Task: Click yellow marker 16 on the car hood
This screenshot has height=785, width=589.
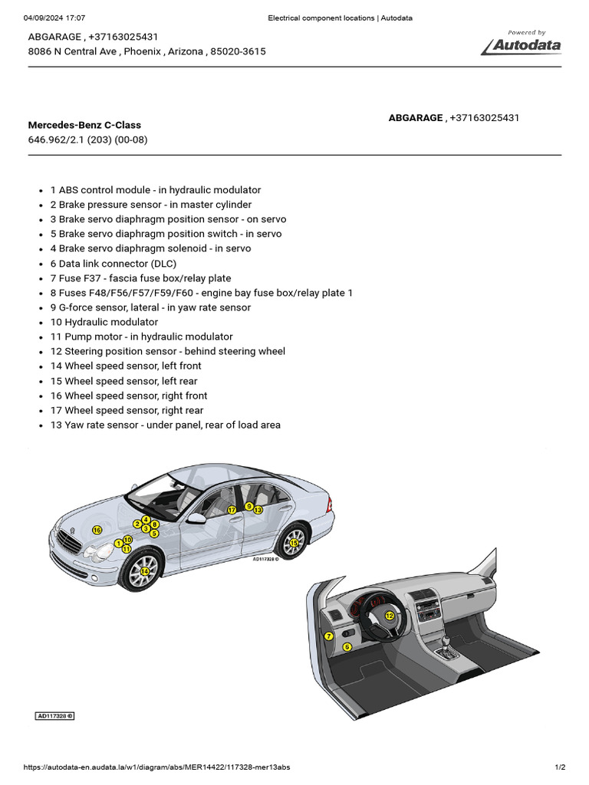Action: [97, 530]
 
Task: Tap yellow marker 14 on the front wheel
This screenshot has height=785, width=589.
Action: [145, 571]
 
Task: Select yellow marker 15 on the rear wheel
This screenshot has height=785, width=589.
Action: [294, 543]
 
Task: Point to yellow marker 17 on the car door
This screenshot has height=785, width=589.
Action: [231, 510]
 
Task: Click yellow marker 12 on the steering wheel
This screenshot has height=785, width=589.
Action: [390, 616]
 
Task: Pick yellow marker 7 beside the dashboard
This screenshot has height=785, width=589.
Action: [328, 636]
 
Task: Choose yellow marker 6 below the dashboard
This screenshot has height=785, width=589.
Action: [347, 647]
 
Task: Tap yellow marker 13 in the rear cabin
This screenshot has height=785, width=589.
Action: [258, 510]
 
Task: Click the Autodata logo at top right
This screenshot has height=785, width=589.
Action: [522, 44]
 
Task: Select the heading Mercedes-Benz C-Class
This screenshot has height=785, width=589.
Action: [84, 125]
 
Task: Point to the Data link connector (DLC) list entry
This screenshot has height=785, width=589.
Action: [114, 264]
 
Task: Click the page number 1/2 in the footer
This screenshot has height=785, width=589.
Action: [559, 767]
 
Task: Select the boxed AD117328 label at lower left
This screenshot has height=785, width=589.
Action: [55, 716]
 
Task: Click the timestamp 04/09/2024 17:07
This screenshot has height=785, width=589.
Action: [54, 18]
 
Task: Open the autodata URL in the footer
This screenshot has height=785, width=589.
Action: [156, 767]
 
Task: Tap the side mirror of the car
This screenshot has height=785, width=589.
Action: [197, 519]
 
